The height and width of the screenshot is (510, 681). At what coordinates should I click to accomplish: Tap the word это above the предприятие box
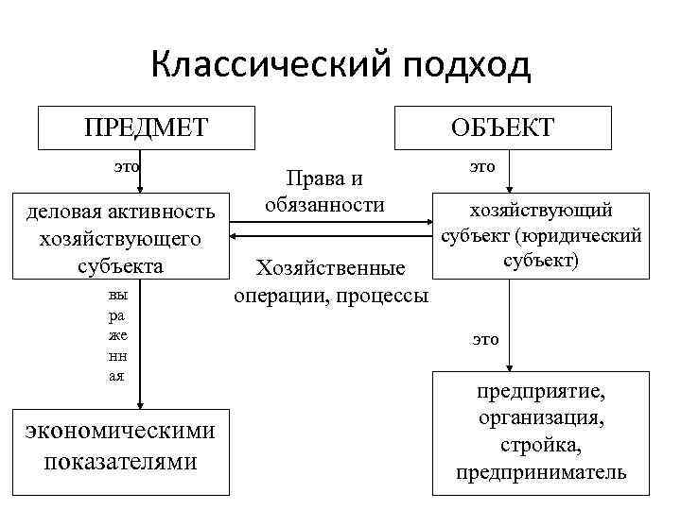(x=485, y=339)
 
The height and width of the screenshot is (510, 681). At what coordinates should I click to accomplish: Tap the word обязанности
(x=325, y=205)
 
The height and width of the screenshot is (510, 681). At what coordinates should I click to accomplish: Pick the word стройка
(x=541, y=443)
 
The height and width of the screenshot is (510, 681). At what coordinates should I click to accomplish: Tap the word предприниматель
(x=541, y=470)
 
